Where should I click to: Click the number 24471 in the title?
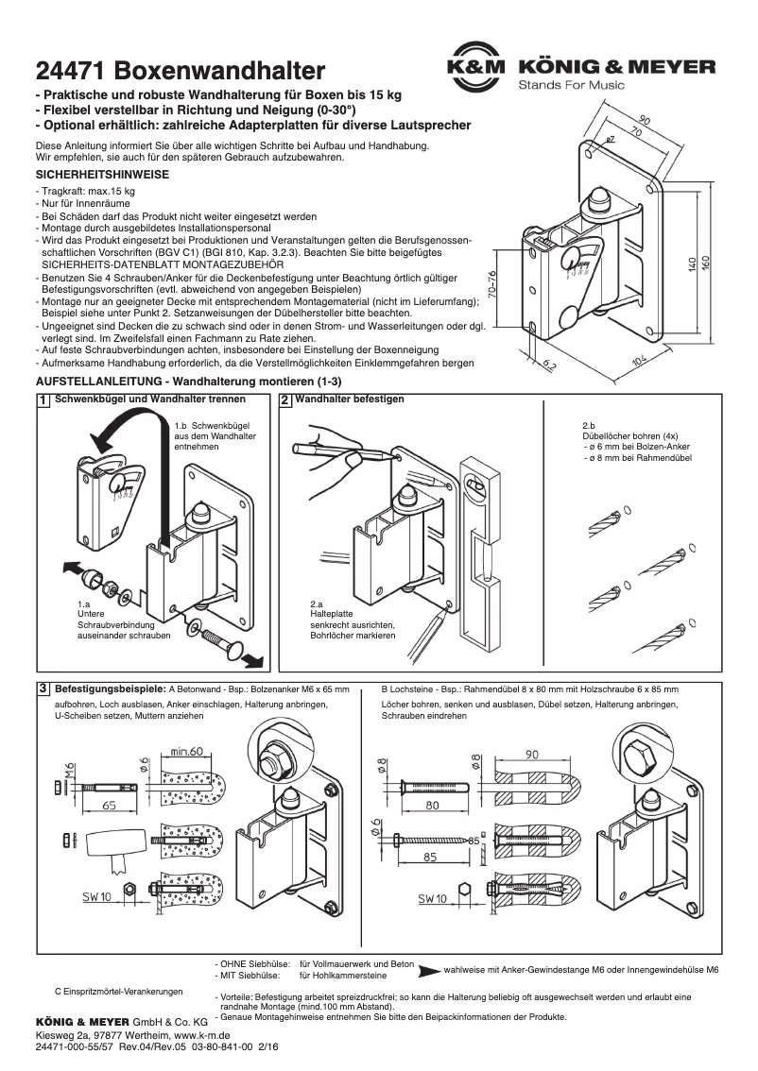[69, 71]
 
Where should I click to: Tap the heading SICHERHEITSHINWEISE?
[101, 176]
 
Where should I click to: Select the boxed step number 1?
[43, 400]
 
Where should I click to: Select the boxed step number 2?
[285, 400]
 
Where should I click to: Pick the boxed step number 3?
[43, 688]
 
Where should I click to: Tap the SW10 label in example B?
[433, 898]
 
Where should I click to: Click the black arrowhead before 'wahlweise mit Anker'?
[429, 970]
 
